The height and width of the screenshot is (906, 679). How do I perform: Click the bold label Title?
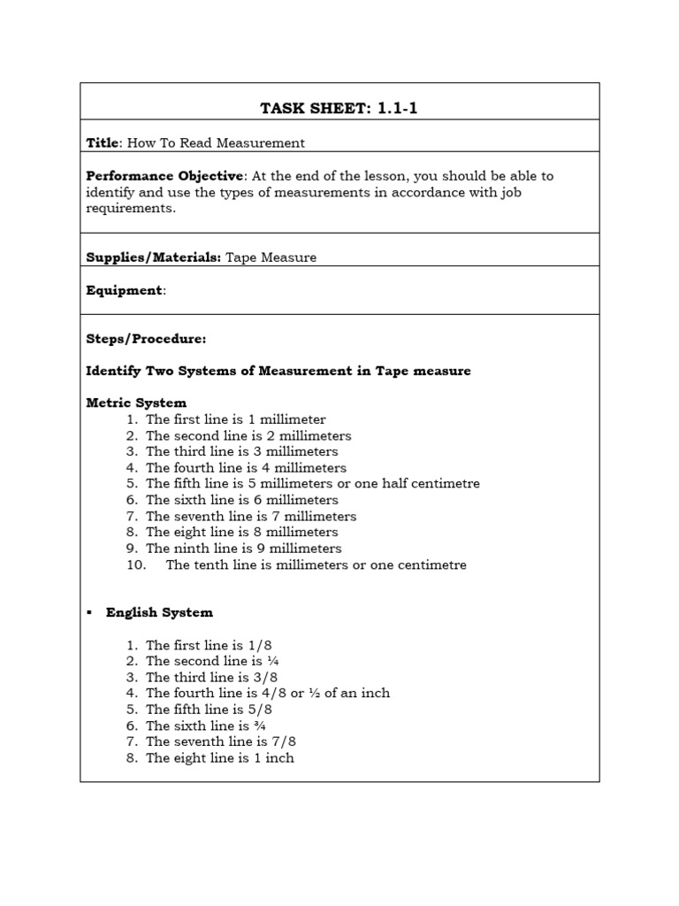(x=101, y=142)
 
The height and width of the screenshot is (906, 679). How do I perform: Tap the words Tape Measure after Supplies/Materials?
(x=271, y=257)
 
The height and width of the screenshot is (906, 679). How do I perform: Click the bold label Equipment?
(x=125, y=290)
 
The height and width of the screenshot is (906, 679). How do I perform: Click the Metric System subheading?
(x=136, y=403)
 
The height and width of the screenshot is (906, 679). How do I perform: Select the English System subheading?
(x=159, y=612)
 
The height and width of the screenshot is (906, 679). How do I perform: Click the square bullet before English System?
(x=90, y=612)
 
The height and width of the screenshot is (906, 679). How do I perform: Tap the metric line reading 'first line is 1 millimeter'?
(x=235, y=419)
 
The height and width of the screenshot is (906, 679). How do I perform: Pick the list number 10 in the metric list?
(x=135, y=564)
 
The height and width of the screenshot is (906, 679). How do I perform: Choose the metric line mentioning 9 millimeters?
(x=243, y=549)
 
